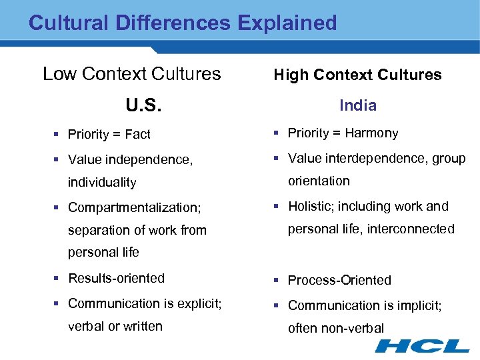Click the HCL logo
[x=422, y=345]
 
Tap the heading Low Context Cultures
[x=131, y=73]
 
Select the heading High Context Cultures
[x=357, y=75]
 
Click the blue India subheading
[x=358, y=105]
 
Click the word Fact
[x=138, y=134]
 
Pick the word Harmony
[x=371, y=133]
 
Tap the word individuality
[x=102, y=182]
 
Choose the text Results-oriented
[x=116, y=278]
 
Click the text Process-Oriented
[x=339, y=280]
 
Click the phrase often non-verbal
[x=336, y=328]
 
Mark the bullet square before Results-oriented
[x=58, y=278]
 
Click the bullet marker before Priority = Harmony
[x=277, y=133]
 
